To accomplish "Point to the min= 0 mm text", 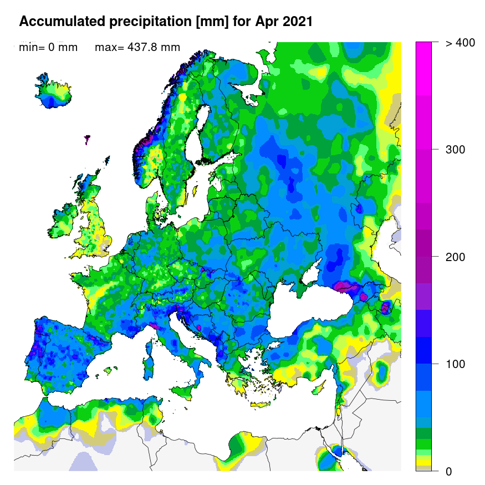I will coord(48,47).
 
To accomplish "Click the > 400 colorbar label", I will coord(460,43).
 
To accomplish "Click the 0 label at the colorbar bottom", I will coord(450,471).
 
